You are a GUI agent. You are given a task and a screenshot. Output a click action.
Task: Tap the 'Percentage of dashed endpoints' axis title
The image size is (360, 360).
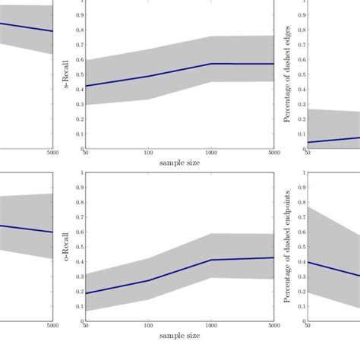click(287, 246)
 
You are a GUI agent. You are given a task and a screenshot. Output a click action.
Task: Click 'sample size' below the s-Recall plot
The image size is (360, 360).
click(180, 163)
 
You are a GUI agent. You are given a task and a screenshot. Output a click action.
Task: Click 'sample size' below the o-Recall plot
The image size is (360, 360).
click(180, 333)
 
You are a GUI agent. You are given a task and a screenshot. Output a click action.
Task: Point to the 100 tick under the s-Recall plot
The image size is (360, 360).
click(149, 154)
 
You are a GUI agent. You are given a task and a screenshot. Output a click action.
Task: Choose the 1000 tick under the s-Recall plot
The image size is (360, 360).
click(212, 154)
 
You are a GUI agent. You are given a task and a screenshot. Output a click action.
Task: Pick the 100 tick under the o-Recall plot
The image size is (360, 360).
click(149, 325)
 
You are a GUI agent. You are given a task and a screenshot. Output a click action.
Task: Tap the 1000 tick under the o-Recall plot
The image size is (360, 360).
click(212, 325)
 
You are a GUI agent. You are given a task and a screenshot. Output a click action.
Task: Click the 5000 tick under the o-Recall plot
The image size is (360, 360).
click(273, 325)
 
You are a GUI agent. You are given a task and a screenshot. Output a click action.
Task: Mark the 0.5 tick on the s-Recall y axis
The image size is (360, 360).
click(82, 74)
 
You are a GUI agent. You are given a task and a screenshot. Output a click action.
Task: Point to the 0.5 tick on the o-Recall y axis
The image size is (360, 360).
click(82, 247)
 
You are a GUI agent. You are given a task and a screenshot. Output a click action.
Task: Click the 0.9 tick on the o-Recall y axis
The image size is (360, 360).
click(82, 188)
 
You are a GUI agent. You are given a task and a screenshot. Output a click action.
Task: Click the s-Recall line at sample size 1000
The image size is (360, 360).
click(212, 64)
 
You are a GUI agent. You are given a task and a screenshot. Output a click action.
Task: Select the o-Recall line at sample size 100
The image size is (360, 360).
click(149, 280)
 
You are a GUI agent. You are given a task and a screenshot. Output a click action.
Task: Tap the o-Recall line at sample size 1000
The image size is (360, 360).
click(212, 260)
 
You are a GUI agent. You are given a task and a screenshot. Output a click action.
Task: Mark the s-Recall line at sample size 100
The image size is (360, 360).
click(149, 76)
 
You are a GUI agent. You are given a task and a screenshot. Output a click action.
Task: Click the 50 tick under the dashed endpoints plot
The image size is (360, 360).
click(307, 325)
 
